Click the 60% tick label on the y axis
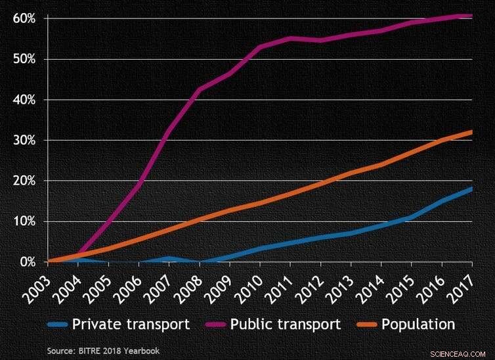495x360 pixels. (x=24, y=18)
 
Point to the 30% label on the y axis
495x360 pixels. (x=24, y=140)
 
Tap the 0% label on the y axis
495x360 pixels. (x=28, y=261)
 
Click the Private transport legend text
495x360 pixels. (x=131, y=324)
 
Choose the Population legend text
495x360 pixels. (x=417, y=324)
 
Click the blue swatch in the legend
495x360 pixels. (x=57, y=325)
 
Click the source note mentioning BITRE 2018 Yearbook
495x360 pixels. (x=102, y=351)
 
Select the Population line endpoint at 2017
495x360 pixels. (x=471, y=132)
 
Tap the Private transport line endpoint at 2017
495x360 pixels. (x=471, y=189)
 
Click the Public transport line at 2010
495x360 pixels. (x=260, y=47)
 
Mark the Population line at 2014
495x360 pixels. (x=381, y=164)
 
